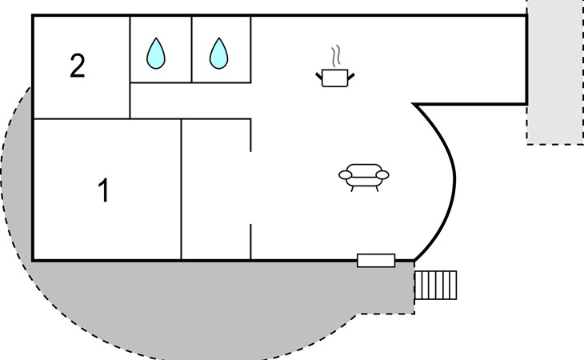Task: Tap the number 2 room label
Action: [77, 66]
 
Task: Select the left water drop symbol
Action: [156, 53]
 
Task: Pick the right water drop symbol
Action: [218, 53]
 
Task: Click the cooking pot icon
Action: [335, 78]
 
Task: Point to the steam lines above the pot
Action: [337, 57]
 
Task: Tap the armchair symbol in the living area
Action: [364, 175]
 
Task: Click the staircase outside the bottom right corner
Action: [436, 285]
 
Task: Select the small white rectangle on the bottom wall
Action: [375, 260]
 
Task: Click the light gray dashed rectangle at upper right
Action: [554, 72]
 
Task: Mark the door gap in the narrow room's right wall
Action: [251, 188]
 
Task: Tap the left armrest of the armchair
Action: [346, 174]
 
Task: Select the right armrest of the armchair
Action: [382, 174]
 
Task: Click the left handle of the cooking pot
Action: [319, 75]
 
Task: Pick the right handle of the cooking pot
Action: [351, 75]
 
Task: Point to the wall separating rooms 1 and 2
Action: [80, 119]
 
